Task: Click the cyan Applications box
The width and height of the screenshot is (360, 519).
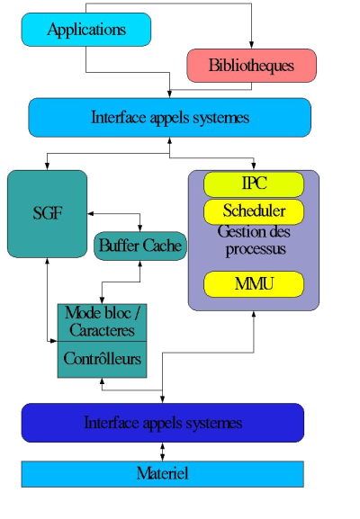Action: pos(86,30)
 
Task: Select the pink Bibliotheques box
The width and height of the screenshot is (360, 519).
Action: pos(252,66)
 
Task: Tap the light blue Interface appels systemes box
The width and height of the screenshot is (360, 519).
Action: pos(169,118)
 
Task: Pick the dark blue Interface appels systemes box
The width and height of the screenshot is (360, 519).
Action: pos(163,423)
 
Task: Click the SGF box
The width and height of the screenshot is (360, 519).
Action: pos(48,214)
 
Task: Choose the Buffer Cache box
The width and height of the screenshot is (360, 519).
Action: pos(140,246)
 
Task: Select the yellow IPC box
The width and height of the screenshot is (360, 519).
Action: pos(254,184)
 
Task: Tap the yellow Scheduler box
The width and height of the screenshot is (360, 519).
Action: pos(254,212)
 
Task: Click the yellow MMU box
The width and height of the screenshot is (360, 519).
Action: pos(254,284)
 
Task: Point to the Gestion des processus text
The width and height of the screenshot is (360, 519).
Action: pos(254,241)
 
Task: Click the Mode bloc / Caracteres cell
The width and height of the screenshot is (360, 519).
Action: pos(102,322)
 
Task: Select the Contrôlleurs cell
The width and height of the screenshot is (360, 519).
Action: pos(102,360)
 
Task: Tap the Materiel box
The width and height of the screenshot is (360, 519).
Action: pos(163,474)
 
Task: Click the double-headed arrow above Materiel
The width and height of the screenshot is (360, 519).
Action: pos(162,452)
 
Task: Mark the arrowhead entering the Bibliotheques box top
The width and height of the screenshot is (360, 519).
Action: pos(251,45)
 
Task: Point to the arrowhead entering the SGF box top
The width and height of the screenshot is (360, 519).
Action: pos(48,166)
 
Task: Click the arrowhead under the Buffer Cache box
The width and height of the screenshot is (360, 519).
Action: pos(140,264)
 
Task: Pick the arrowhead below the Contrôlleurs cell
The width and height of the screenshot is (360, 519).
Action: pos(102,381)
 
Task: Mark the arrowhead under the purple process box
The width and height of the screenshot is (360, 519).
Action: pos(254,315)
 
